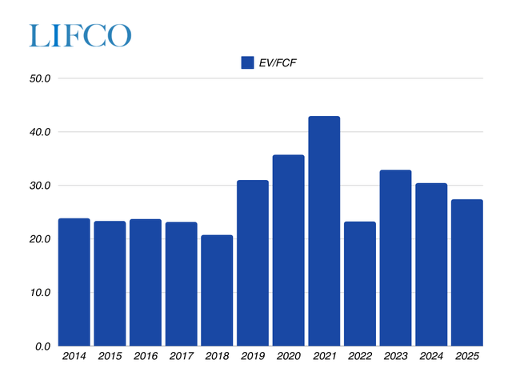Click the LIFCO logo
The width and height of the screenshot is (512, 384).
[80, 35]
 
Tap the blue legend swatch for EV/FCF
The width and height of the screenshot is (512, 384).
[246, 63]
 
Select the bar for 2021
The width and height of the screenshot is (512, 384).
[324, 231]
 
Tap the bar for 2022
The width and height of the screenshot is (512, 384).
[359, 283]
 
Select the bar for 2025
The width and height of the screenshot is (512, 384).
[466, 272]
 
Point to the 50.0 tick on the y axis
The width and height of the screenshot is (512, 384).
[40, 78]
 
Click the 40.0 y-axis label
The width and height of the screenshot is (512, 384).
[40, 132]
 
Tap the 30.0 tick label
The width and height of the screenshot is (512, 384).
[40, 186]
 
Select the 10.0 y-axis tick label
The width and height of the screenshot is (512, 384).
[40, 293]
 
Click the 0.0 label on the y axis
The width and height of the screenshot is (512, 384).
[43, 346]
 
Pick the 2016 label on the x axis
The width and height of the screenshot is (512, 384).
[145, 357]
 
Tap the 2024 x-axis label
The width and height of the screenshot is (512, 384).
[430, 357]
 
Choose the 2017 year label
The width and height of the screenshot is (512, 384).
[181, 357]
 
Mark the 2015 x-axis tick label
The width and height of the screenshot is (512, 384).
[110, 357]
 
